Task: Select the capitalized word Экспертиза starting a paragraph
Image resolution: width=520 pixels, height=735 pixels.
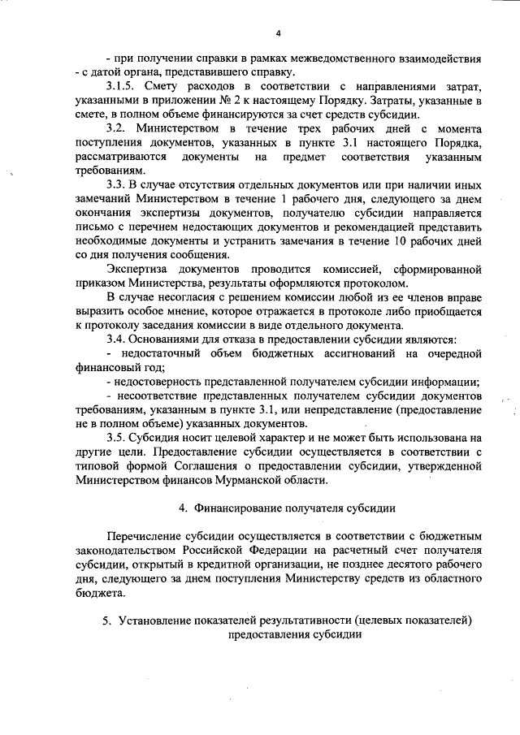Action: coord(140,269)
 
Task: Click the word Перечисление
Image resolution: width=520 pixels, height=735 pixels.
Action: coord(145,538)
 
